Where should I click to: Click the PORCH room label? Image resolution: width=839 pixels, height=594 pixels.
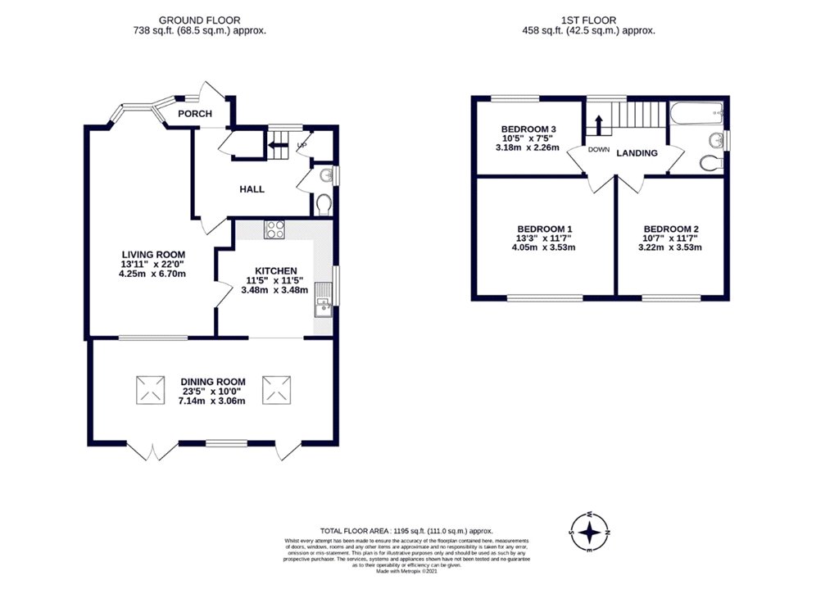pos(195,114)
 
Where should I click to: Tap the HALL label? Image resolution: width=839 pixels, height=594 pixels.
pos(252,189)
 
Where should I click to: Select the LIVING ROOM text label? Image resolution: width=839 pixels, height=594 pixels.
pos(154,255)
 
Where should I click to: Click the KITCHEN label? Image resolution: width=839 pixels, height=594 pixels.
pos(275,271)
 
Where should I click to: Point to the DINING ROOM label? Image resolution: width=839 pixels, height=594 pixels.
pos(213,382)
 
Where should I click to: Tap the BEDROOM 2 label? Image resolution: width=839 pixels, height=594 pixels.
pos(671,229)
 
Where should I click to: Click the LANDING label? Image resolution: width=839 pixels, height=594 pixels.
pos(637,152)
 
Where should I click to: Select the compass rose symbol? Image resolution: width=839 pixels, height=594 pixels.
pos(588,533)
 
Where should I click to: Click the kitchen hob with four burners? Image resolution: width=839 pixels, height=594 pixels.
pos(274,229)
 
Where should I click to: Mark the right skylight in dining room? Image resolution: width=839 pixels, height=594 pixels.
pos(274,389)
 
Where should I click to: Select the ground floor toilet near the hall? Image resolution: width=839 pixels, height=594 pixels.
pos(322,202)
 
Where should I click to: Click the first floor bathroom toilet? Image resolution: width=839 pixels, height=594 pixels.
pos(710,163)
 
